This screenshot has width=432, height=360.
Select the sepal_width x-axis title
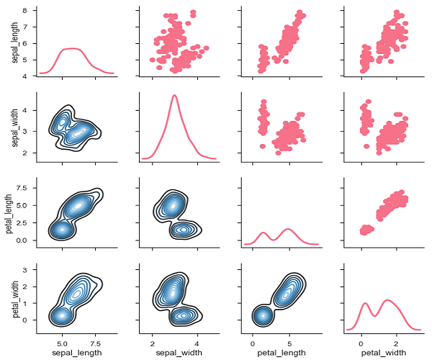174,352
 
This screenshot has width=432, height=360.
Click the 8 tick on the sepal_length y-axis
25,11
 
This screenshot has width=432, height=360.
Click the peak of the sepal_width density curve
174,96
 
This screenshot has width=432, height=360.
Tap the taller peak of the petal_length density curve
289,230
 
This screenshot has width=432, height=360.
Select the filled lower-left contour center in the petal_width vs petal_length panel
264,315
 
